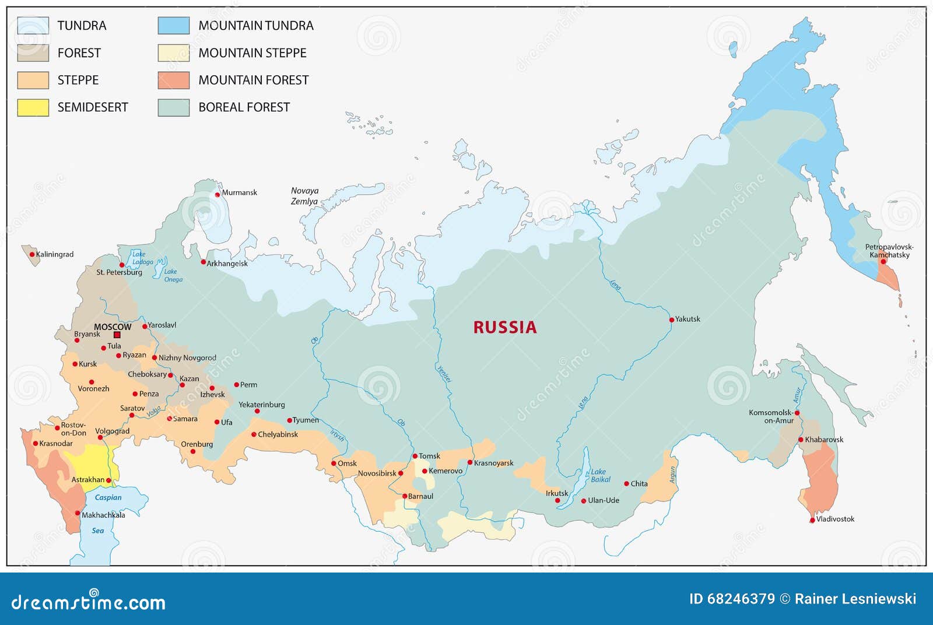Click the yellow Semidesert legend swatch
33,107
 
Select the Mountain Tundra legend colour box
173,26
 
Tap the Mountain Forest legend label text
253,80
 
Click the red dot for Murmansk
218,194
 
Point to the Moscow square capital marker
117,335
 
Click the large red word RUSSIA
504,327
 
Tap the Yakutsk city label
688,319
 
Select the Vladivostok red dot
812,520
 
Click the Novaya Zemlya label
304,196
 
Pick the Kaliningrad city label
55,254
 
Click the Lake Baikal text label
600,475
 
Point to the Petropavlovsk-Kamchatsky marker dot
883,261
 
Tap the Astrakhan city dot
108,480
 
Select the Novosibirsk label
377,473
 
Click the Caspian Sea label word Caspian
108,497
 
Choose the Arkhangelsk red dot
203,262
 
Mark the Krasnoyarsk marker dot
469,462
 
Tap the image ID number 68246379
741,599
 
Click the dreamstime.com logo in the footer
88,602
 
